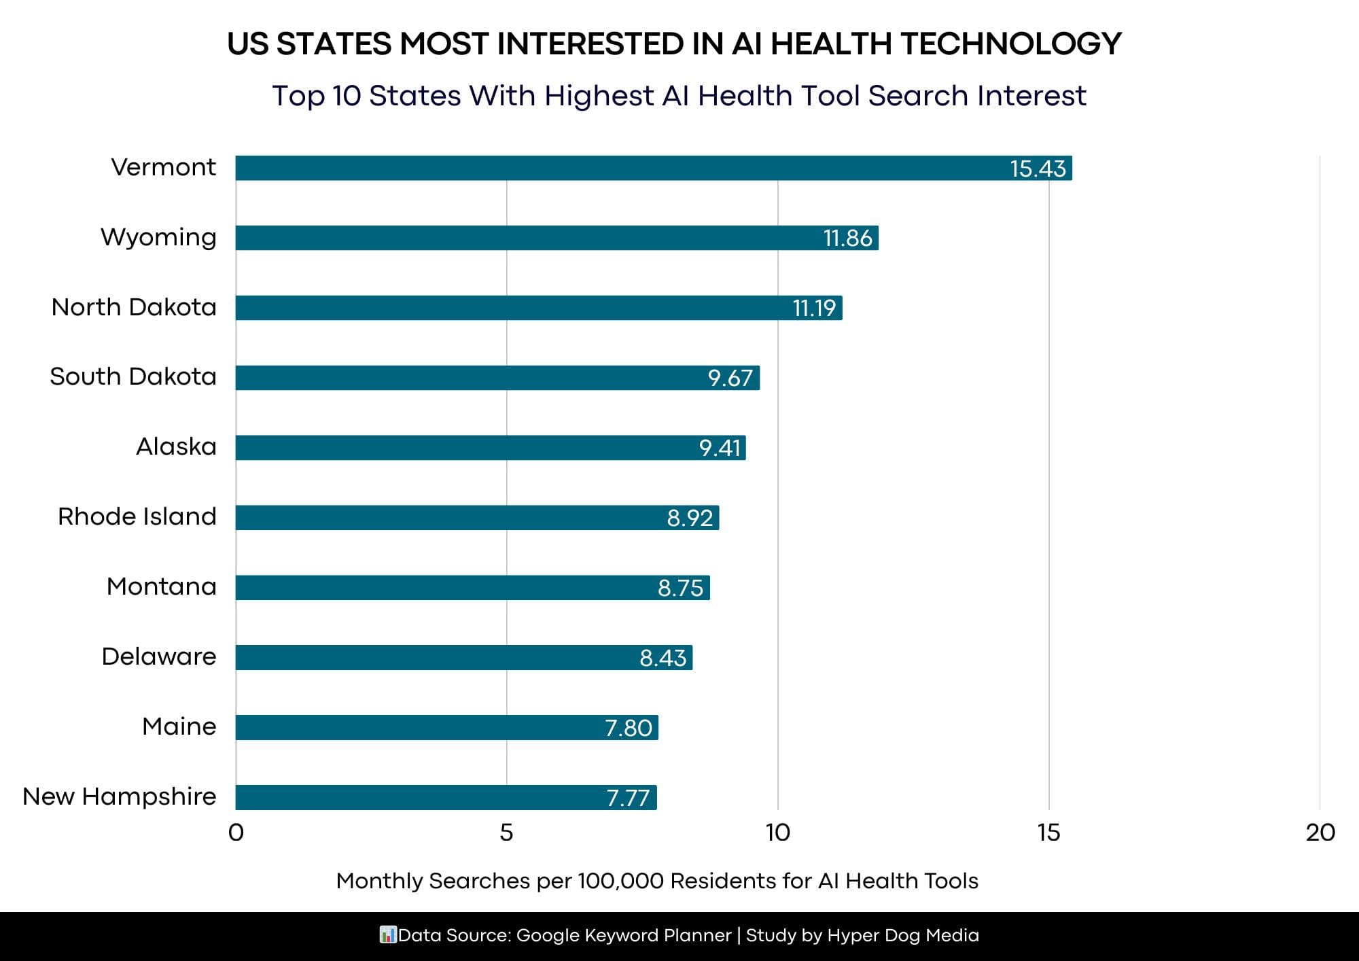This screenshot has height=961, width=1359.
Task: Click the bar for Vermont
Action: (x=652, y=168)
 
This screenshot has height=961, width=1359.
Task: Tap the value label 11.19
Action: (x=814, y=309)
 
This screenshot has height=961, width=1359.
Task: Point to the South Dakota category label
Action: (x=133, y=377)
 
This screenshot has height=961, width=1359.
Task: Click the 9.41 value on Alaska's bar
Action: (x=720, y=448)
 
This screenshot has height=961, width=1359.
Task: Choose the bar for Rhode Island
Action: (x=476, y=518)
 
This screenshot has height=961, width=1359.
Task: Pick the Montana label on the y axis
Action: (x=162, y=587)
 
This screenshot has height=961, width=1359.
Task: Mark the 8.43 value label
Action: (x=663, y=658)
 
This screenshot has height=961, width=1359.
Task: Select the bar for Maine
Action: (x=446, y=727)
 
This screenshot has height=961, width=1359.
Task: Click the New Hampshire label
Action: (x=120, y=797)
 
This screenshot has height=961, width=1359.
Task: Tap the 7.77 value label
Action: (x=628, y=798)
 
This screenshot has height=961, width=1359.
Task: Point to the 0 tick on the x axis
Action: (x=236, y=833)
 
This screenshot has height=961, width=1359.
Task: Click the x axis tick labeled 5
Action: (x=506, y=833)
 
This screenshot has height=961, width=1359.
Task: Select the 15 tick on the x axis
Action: (x=1048, y=833)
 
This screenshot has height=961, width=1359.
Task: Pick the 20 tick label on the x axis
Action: (x=1320, y=833)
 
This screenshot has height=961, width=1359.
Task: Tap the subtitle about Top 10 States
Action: (x=679, y=96)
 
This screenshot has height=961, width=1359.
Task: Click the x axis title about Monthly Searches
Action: (x=657, y=881)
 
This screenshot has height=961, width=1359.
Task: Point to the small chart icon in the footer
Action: (x=387, y=935)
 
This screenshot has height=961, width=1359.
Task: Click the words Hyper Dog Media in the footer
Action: (x=903, y=936)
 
